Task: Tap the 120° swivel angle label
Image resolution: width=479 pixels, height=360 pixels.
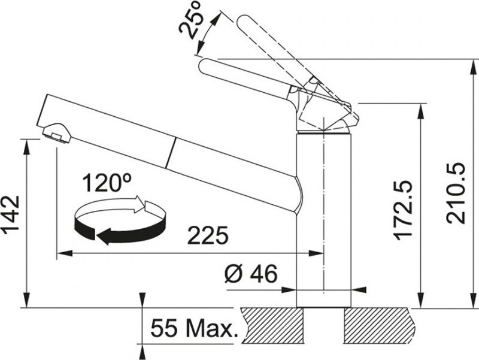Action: click(107, 183)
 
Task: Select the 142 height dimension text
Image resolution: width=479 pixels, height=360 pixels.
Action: click(11, 216)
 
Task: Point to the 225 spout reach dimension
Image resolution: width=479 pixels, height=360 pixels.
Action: click(208, 235)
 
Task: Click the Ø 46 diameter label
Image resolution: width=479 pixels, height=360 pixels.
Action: click(251, 273)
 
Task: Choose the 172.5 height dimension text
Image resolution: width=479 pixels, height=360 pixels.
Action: click(403, 210)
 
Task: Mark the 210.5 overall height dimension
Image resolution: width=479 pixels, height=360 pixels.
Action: click(456, 193)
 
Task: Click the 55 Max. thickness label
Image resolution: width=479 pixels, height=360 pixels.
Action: click(194, 328)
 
